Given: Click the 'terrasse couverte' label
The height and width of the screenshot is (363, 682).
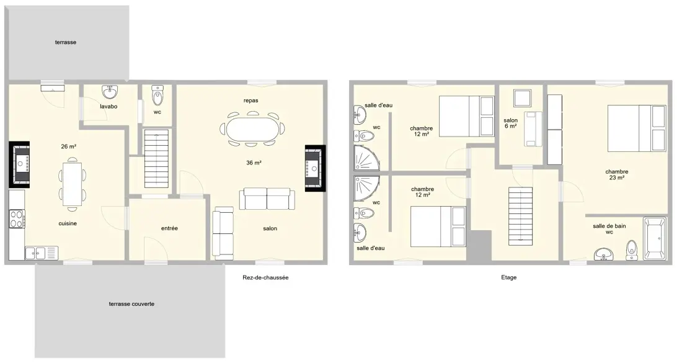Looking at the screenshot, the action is tap(131, 304).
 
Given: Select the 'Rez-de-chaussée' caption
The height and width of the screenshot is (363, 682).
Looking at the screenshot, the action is tap(265, 277).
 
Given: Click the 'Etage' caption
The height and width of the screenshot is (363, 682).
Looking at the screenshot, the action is tap(508, 277).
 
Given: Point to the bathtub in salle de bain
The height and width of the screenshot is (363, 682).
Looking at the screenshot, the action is tap(655, 238).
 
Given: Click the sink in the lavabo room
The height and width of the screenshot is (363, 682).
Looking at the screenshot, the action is tap(110, 92).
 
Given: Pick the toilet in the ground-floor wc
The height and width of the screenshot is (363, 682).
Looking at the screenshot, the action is tap(157, 96).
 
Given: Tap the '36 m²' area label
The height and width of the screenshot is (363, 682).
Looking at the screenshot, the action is tap(254, 163).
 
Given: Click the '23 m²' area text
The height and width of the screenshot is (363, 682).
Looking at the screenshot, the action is tap(616, 177).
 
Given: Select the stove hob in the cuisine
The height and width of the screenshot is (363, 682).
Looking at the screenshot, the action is tap(17, 219).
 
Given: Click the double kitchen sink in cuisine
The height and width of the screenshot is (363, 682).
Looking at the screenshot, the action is tap(35, 253).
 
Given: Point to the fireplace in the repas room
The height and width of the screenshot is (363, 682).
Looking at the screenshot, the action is tap(316, 168).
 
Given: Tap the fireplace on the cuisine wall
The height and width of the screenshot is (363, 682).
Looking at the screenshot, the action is tap(20, 164).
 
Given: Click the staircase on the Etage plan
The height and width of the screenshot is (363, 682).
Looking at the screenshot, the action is tap(521, 216).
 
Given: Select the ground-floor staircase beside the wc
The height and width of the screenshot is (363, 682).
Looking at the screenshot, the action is tap(157, 158).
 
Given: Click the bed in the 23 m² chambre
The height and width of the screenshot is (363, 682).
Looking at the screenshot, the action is tap(637, 128).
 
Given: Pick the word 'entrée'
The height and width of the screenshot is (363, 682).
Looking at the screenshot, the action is tap(169, 228).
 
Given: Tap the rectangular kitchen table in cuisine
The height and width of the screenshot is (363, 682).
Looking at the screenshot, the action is tap(72, 184).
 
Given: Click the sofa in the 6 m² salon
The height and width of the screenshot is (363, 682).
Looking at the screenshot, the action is tap(533, 129).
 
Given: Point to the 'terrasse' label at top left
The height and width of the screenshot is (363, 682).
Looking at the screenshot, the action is tap(66, 42).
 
